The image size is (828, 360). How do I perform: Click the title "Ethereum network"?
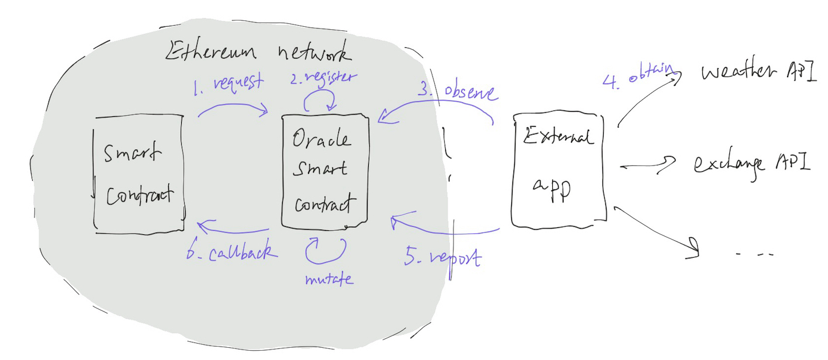[x=259, y=51]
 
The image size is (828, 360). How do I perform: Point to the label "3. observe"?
[x=458, y=92]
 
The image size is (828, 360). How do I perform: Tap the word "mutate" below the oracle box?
[x=328, y=278]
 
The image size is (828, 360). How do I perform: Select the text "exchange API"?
[x=750, y=163]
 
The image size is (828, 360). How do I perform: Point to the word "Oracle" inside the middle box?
[x=322, y=140]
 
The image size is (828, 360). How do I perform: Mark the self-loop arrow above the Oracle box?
[x=321, y=102]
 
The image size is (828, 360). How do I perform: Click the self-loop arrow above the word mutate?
[x=325, y=248]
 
